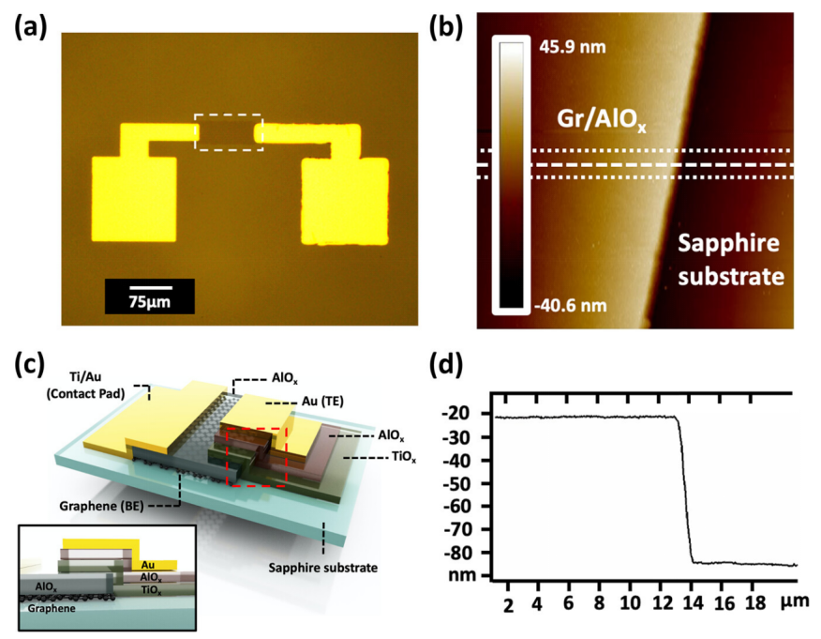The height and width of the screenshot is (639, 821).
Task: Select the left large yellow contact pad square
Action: (x=134, y=199)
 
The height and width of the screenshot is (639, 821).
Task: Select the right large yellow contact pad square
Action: (x=344, y=202)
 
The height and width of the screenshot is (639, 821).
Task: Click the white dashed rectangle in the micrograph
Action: (x=229, y=132)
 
